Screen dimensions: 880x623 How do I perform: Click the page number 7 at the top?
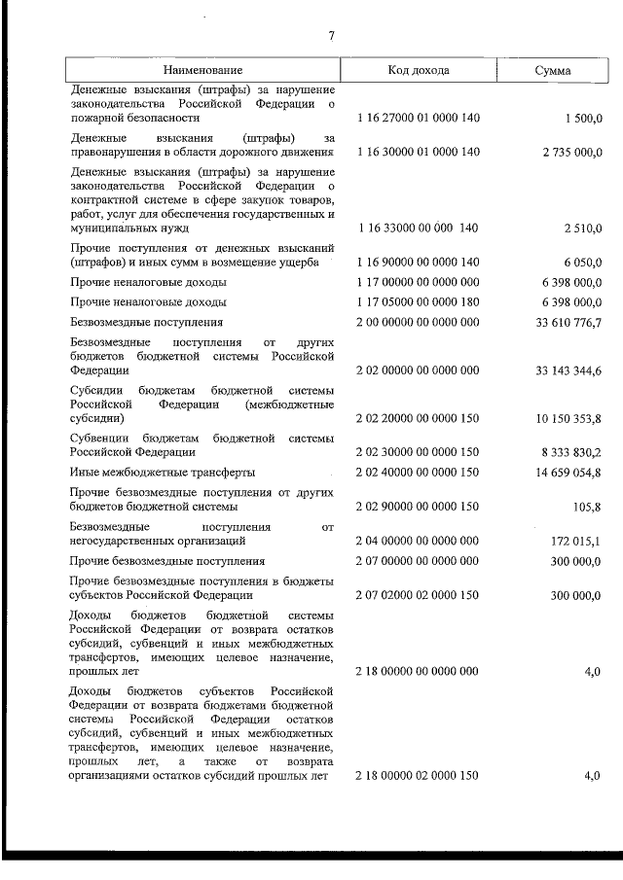[x=331, y=36]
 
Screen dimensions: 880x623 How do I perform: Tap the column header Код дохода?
[x=418, y=71]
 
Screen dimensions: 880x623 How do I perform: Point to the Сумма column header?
[x=553, y=71]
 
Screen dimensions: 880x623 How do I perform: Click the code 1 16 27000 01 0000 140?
[x=418, y=118]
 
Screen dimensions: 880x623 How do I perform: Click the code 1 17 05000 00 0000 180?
[x=418, y=301]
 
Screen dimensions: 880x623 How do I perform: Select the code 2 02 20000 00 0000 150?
[x=418, y=419]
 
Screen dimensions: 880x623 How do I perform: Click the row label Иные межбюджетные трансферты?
[x=163, y=473]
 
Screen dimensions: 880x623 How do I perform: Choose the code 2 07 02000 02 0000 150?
[x=418, y=594]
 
